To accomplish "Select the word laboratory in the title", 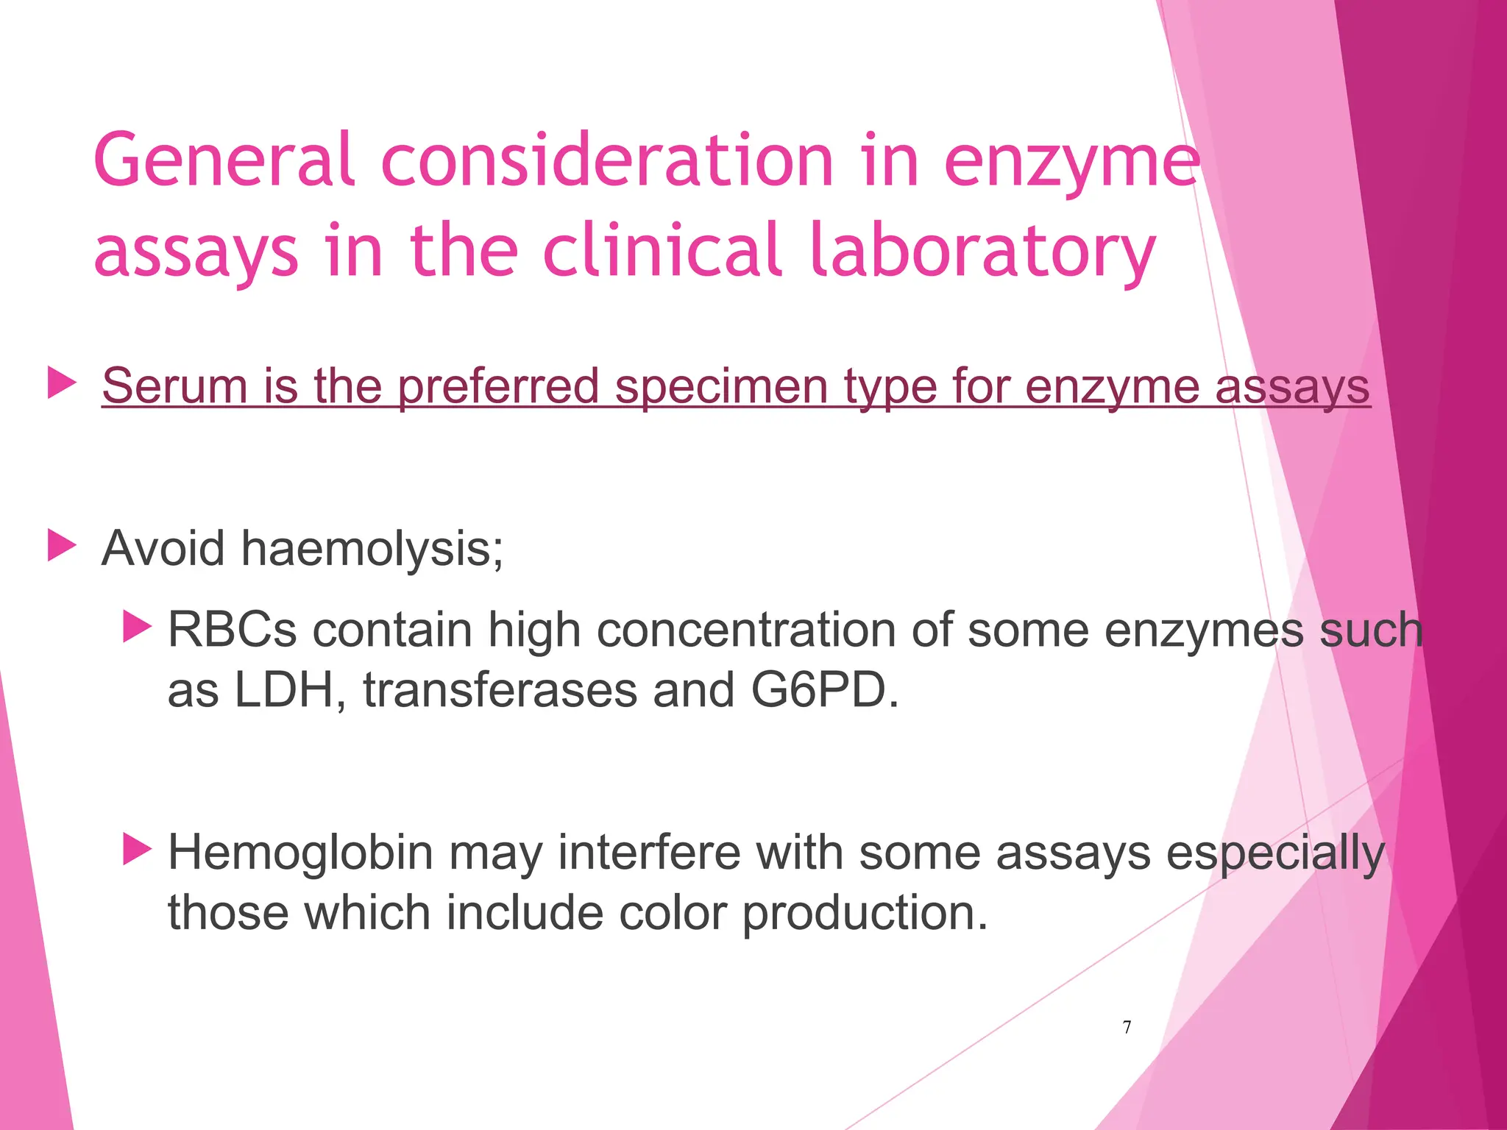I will pyautogui.click(x=982, y=252).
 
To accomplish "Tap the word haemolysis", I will pyautogui.click(x=372, y=549).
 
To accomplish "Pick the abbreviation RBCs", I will pyautogui.click(x=233, y=630).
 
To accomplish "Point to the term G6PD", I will pyautogui.click(x=824, y=691).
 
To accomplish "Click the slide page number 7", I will pyautogui.click(x=1127, y=1027).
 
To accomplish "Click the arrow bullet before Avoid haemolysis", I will pyautogui.click(x=62, y=547).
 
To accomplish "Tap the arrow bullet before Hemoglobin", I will pyautogui.click(x=137, y=849).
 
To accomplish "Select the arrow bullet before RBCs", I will pyautogui.click(x=137, y=627).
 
